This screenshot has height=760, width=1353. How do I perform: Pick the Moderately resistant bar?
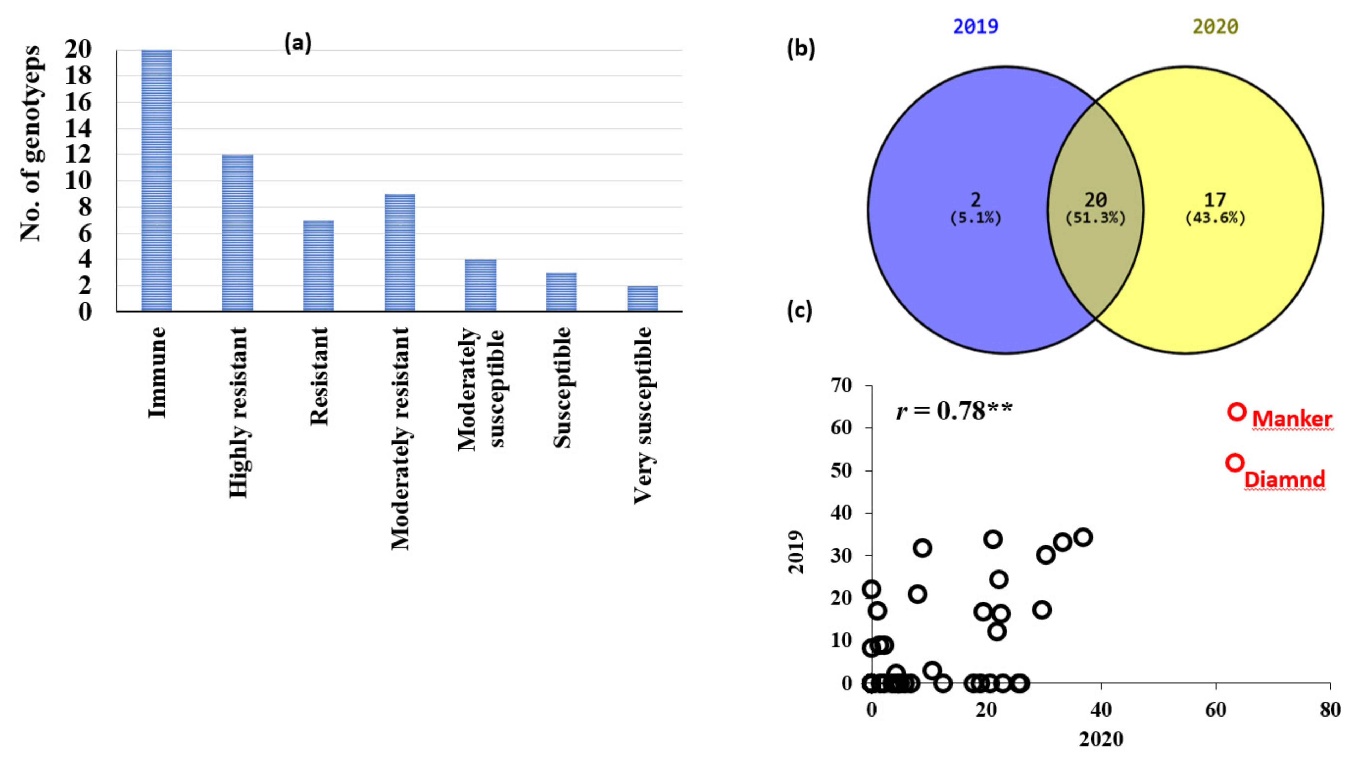tap(400, 253)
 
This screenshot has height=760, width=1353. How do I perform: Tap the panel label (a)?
tap(298, 42)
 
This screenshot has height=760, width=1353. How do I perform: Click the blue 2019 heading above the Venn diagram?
tap(976, 26)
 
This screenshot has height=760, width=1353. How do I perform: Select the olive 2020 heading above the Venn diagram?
tap(1216, 26)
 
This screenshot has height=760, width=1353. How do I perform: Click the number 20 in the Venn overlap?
tap(1096, 200)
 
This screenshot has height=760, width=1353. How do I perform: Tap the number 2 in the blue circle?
tap(976, 200)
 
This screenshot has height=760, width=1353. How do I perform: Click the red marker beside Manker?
tap(1237, 412)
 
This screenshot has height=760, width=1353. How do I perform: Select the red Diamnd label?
tap(1284, 479)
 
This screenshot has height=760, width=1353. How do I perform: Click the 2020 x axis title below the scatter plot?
tap(1101, 739)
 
